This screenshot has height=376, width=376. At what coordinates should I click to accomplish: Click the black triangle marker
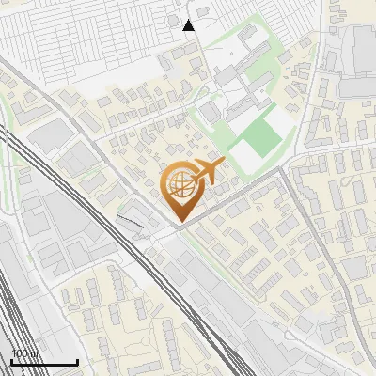(x=189, y=25)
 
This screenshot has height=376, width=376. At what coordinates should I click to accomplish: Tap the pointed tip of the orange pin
(x=179, y=222)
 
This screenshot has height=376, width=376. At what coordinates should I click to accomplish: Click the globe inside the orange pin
(x=179, y=186)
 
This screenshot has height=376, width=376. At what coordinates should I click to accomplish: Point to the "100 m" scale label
(x=23, y=353)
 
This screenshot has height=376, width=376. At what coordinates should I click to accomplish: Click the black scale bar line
(x=44, y=362)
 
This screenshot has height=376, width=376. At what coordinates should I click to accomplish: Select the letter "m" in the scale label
(x=33, y=353)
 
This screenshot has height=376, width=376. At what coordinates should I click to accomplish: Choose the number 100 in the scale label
(x=20, y=353)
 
